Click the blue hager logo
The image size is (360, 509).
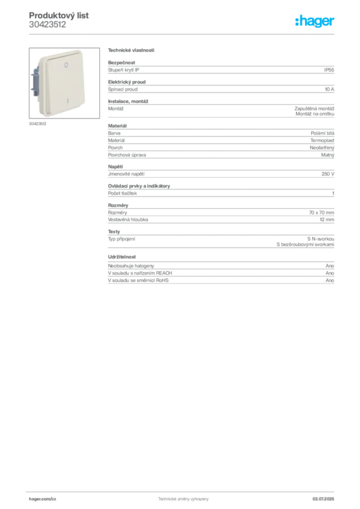tap(315, 21)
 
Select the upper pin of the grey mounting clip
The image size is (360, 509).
tap(33, 75)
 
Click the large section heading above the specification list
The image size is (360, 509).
tap(131, 51)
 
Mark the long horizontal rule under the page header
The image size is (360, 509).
tap(183, 34)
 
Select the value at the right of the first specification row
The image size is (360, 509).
tap(330, 70)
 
